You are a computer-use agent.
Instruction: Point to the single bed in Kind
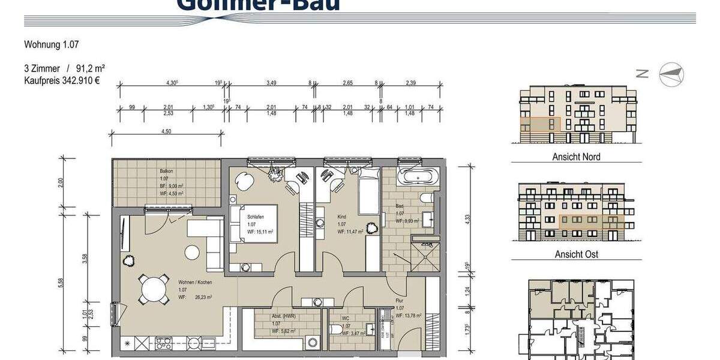[368, 191]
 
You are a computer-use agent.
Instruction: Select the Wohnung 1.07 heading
[52, 44]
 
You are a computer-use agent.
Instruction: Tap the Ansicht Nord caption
[576, 157]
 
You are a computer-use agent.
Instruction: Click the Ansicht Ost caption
[575, 254]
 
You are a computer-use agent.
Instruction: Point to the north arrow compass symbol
[671, 74]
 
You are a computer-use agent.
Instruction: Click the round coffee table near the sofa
[192, 253]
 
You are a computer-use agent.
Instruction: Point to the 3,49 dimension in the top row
[271, 83]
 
